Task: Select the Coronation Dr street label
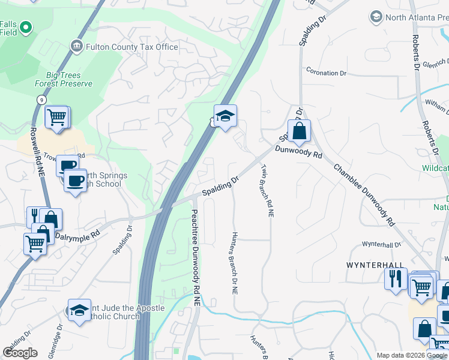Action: [327, 73]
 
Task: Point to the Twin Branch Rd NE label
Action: [266, 190]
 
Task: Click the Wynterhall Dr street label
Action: [381, 245]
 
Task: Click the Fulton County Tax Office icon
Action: [76, 46]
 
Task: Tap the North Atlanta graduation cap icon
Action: [376, 16]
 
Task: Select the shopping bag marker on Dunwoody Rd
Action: [299, 130]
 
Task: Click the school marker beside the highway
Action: [225, 116]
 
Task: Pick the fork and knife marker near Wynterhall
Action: [396, 278]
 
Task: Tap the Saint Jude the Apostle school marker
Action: [79, 310]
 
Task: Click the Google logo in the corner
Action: [20, 353]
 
